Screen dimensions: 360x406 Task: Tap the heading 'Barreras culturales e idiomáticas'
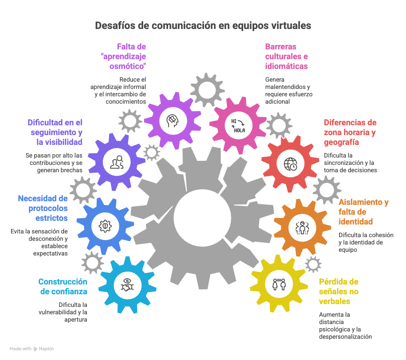pos(286,56)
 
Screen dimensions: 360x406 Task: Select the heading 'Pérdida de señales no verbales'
pos(339,291)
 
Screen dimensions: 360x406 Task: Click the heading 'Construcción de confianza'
pos(63,287)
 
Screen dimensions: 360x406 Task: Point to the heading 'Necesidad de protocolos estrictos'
pos(43,208)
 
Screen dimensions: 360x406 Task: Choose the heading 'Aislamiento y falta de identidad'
pos(363,212)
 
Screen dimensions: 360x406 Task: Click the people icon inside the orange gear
pos(302,227)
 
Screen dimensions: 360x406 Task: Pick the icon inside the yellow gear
pos(276,283)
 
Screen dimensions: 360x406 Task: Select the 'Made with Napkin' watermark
pos(31,349)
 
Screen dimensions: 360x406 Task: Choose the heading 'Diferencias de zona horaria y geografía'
pos(350,132)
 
